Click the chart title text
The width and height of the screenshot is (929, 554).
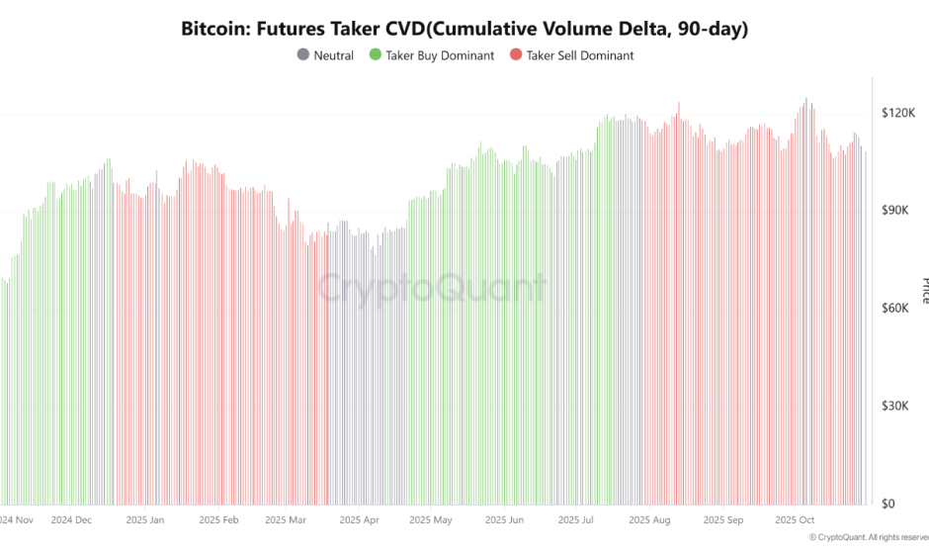pos(464,29)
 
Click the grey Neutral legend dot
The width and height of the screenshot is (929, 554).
pos(302,55)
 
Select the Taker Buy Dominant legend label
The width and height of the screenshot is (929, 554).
pos(440,55)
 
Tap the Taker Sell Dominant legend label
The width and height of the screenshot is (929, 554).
pos(580,55)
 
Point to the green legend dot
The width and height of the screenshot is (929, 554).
pos(374,55)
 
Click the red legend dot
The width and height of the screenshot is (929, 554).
pos(514,55)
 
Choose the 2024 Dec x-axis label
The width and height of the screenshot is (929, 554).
pos(71,518)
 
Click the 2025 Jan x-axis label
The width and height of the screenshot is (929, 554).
pos(144,518)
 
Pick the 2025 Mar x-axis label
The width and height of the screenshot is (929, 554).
pos(286,518)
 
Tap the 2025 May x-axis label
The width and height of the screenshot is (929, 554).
pos(430,518)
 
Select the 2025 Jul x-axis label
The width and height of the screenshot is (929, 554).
pos(575,518)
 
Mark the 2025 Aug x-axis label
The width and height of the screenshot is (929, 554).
pos(648,518)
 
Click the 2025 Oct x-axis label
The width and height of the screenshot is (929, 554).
pos(794,518)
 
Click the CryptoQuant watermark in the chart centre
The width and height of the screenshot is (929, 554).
pos(432,288)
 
